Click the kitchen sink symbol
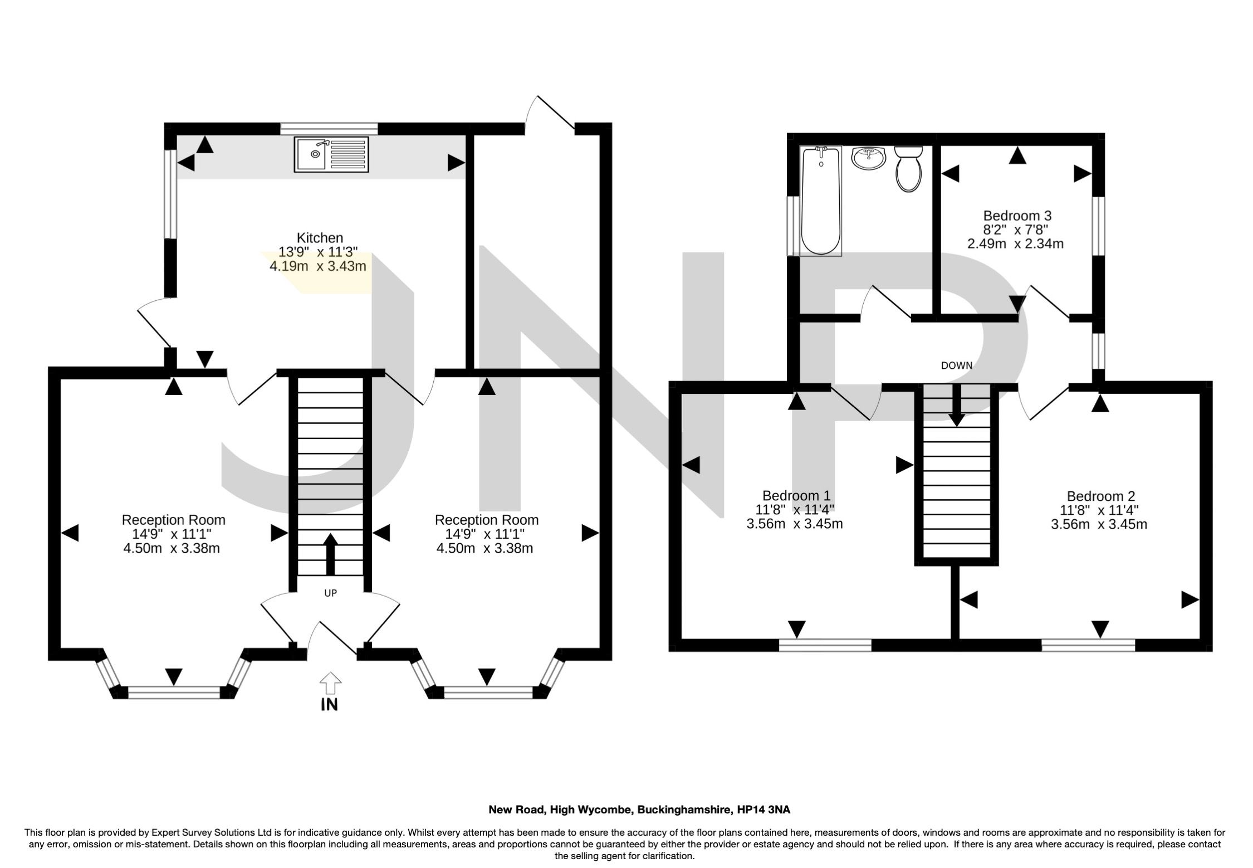pyautogui.click(x=332, y=154)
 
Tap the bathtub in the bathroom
pyautogui.click(x=820, y=201)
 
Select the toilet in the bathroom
pyautogui.click(x=908, y=169)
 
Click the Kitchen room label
pyautogui.click(x=320, y=238)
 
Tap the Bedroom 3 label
pyautogui.click(x=1017, y=215)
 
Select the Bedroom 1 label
pyautogui.click(x=796, y=495)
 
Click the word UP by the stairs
pyautogui.click(x=330, y=593)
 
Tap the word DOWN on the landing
pyautogui.click(x=957, y=366)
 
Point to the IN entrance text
pyautogui.click(x=329, y=705)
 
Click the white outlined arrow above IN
pyautogui.click(x=330, y=682)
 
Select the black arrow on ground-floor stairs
pyautogui.click(x=330, y=554)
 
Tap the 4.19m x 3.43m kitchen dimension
pyautogui.click(x=317, y=266)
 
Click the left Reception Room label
pyautogui.click(x=174, y=520)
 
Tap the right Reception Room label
pyautogui.click(x=487, y=520)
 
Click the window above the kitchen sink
pyautogui.click(x=329, y=129)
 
